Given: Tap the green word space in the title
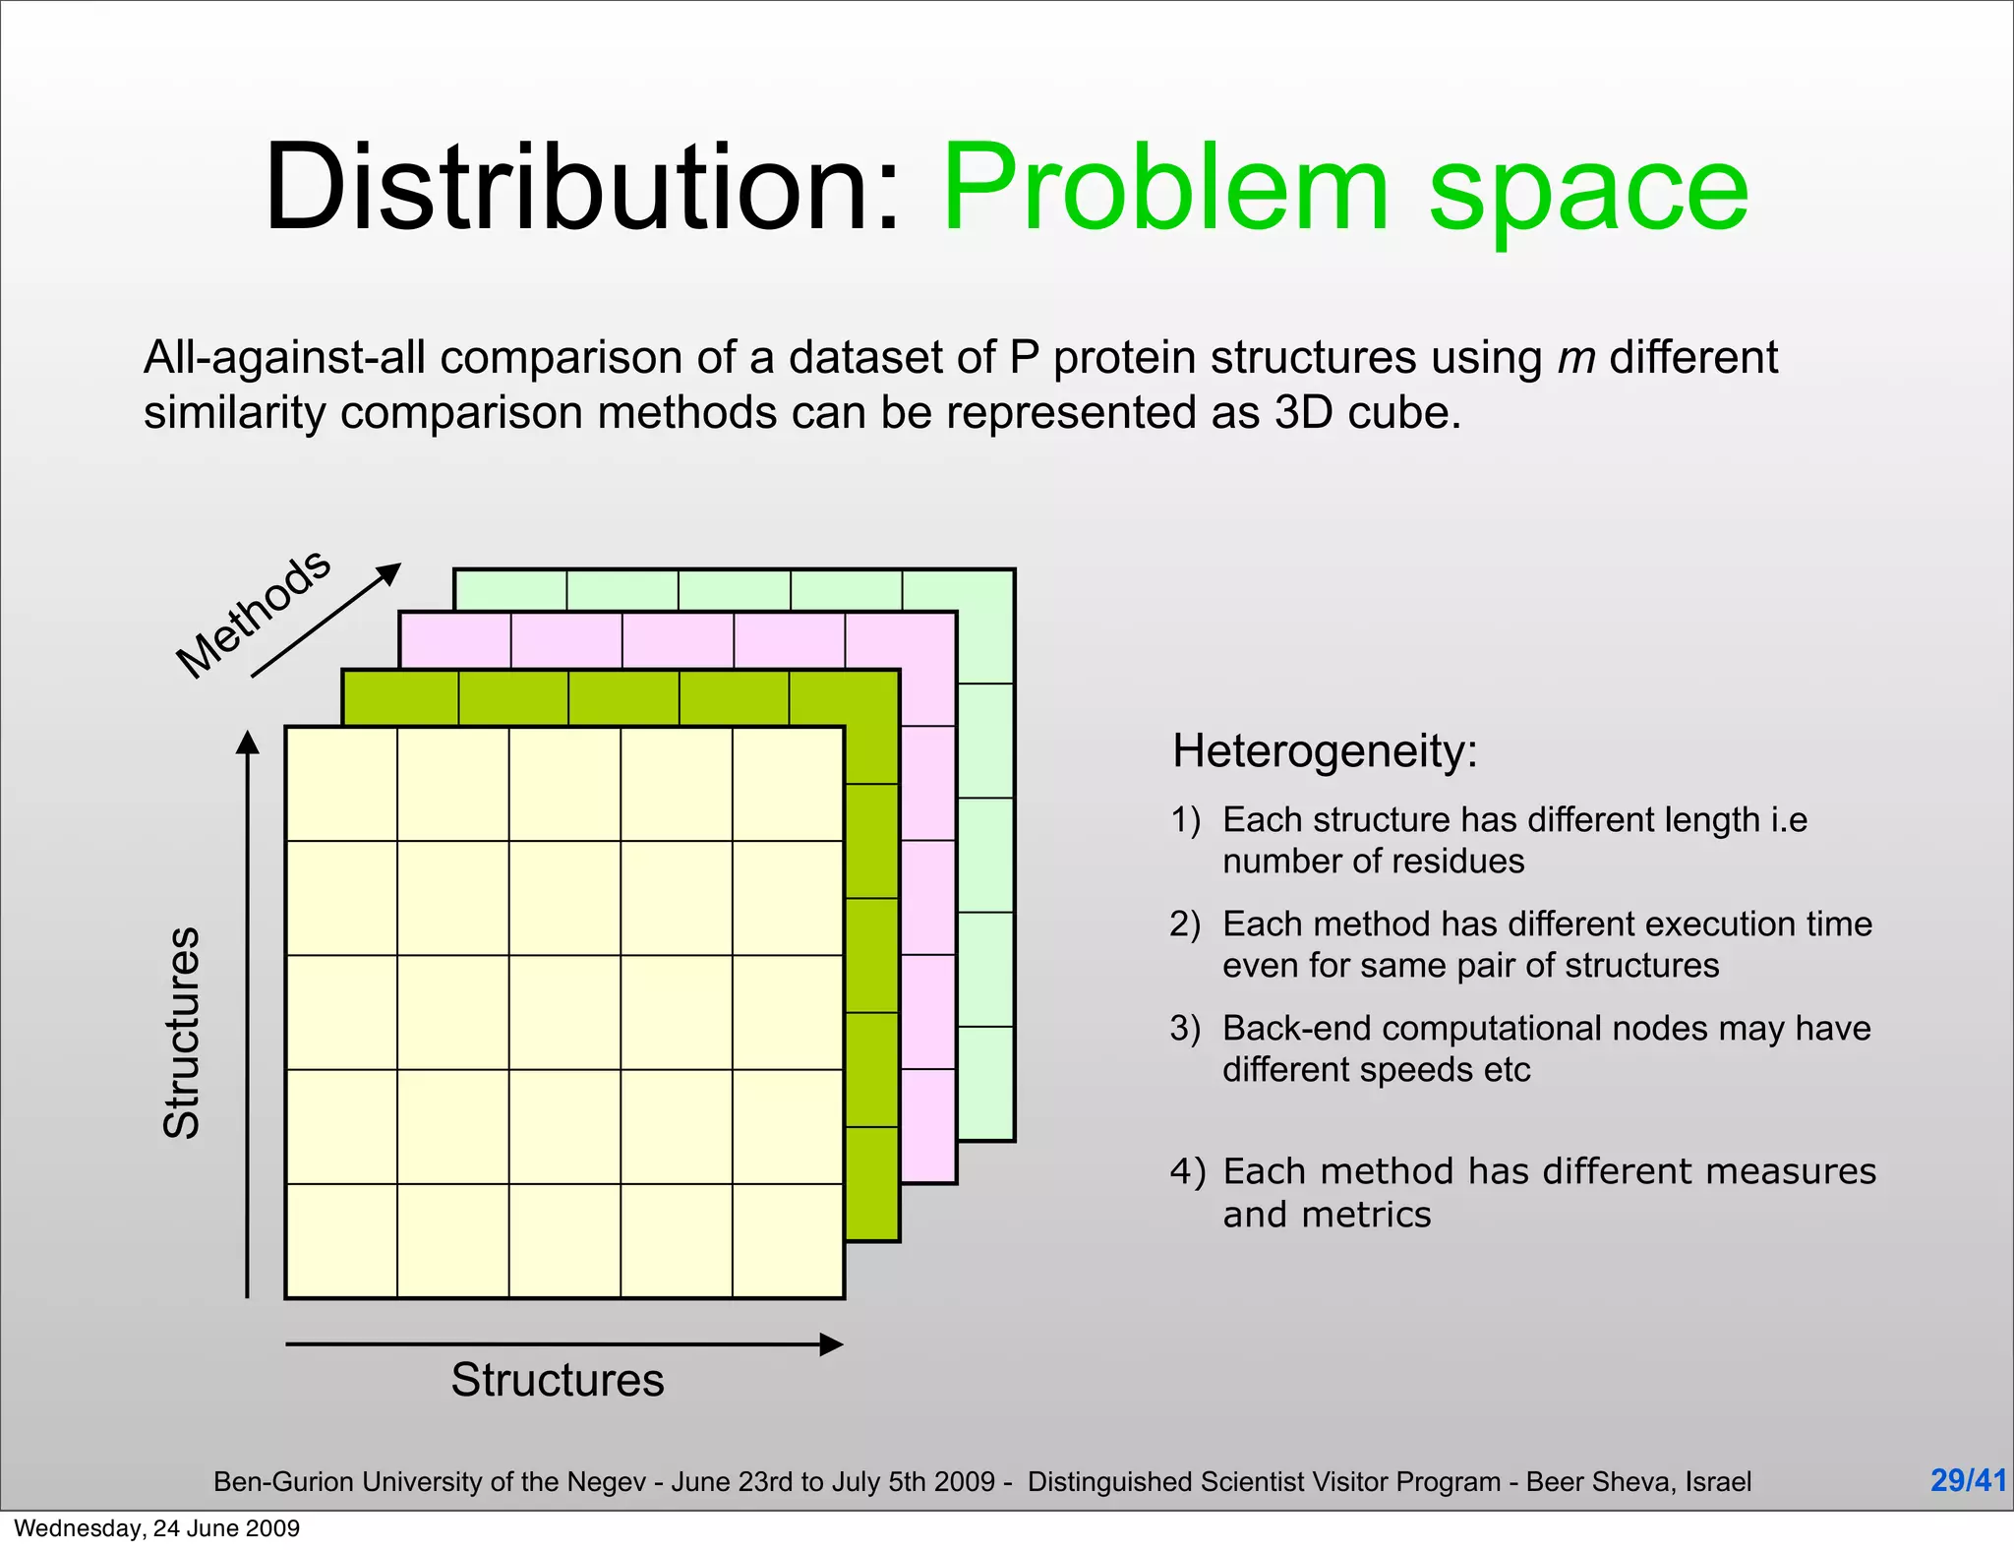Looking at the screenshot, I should tap(1588, 192).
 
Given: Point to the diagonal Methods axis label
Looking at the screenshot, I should tap(253, 614).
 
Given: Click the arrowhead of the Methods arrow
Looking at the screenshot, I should tap(391, 571).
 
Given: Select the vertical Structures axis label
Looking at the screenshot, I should tap(182, 1033).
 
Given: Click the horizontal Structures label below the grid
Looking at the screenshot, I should tap(558, 1379).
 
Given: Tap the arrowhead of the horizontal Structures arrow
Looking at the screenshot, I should tap(832, 1344).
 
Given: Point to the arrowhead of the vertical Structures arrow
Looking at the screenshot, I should tap(248, 743).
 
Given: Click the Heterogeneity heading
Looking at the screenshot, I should tap(1325, 751).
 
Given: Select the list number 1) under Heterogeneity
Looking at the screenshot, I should tap(1186, 819).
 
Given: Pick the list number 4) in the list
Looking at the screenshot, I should tap(1187, 1171).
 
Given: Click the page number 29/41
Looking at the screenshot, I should tap(1968, 1479).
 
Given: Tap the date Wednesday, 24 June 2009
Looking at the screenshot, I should tap(157, 1528).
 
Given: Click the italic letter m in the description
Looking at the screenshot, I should tap(1575, 358).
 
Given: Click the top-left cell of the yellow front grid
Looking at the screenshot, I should tap(341, 784).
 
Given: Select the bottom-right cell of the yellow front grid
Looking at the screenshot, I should tap(788, 1241).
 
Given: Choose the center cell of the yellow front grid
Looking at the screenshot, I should tap(564, 1012).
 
